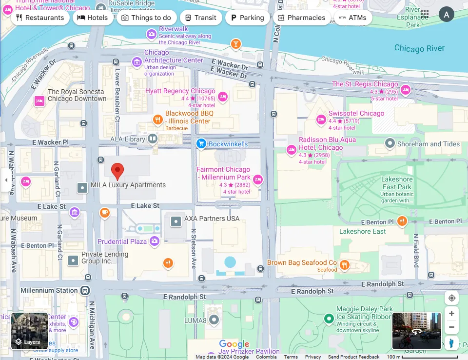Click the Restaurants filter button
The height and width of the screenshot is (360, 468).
[x=40, y=18]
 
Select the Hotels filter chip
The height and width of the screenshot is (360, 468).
[x=93, y=18]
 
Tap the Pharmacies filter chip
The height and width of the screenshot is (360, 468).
[x=301, y=18]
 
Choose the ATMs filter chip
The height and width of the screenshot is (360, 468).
[x=353, y=18]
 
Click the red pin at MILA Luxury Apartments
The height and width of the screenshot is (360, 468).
[x=117, y=171]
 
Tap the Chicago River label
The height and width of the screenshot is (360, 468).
[x=419, y=48]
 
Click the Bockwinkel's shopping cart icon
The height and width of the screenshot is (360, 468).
[x=201, y=143]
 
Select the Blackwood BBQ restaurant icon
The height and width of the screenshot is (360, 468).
[x=157, y=119]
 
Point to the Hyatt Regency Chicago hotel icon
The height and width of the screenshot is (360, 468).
[x=223, y=96]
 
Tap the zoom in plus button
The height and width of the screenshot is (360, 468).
[x=451, y=314]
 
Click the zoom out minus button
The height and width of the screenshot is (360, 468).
[x=451, y=327]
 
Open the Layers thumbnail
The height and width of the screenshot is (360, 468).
[x=29, y=331]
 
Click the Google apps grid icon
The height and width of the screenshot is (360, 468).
[x=425, y=15]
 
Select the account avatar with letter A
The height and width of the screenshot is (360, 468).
[x=446, y=15]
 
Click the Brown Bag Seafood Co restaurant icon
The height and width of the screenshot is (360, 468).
[x=345, y=265]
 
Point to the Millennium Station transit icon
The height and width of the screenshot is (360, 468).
[x=85, y=290]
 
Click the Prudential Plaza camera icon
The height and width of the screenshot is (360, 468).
[x=155, y=241]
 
